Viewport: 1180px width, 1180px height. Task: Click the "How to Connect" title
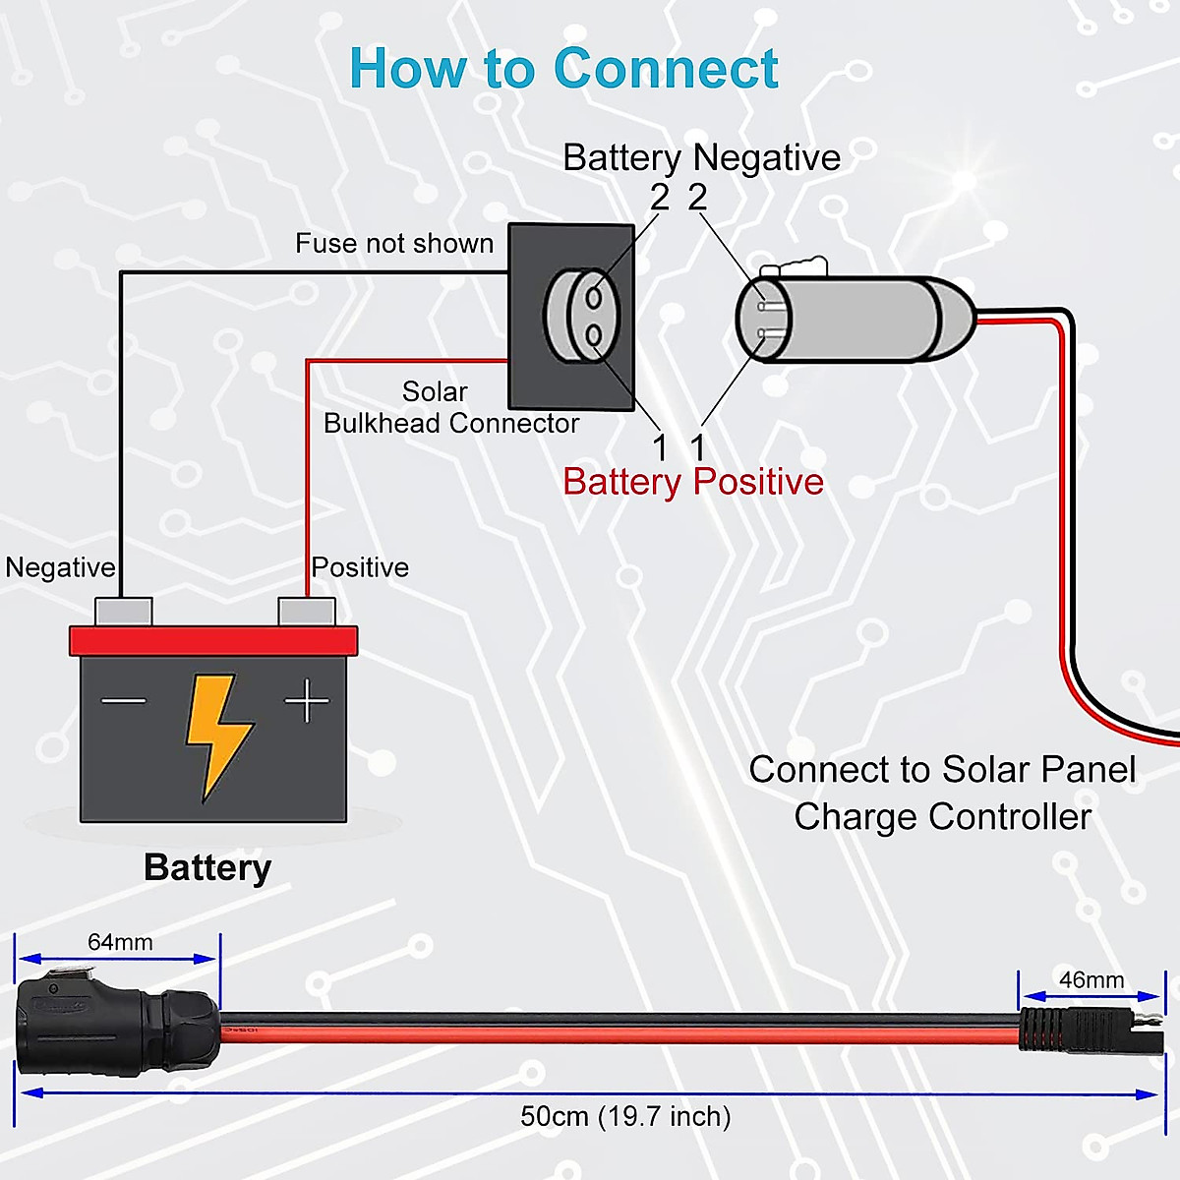tap(563, 69)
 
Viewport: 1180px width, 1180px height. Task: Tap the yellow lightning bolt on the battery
tap(218, 733)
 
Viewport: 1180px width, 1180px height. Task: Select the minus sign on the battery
tap(124, 701)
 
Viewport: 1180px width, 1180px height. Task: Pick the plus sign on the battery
tap(307, 701)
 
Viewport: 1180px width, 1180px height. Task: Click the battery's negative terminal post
tap(123, 612)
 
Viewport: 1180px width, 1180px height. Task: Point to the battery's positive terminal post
tap(307, 612)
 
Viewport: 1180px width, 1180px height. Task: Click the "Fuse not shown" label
tap(394, 244)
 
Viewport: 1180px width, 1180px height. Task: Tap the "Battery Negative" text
tap(701, 157)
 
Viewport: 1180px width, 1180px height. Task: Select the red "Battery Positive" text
tap(693, 482)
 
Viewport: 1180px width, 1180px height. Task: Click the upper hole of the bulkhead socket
tap(594, 297)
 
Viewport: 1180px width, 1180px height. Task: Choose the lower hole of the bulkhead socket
tap(594, 337)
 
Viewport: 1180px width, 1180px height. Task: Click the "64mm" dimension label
tap(120, 942)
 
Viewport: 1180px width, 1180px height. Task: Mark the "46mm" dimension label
tap(1091, 980)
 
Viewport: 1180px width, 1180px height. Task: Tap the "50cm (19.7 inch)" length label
tap(625, 1117)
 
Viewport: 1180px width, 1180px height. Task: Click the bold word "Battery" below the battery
tap(207, 868)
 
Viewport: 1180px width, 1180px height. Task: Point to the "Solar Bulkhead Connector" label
tap(450, 408)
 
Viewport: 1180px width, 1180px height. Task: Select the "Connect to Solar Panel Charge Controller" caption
tap(942, 793)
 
